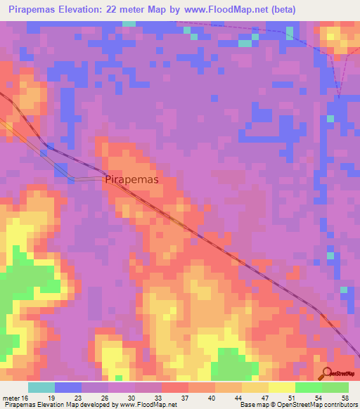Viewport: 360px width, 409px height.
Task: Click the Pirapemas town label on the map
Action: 132,179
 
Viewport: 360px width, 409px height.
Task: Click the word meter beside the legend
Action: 13,398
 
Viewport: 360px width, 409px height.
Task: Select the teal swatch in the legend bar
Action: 41,387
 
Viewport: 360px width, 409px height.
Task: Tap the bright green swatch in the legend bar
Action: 308,387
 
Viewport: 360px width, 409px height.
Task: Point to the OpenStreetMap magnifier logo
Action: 327,374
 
